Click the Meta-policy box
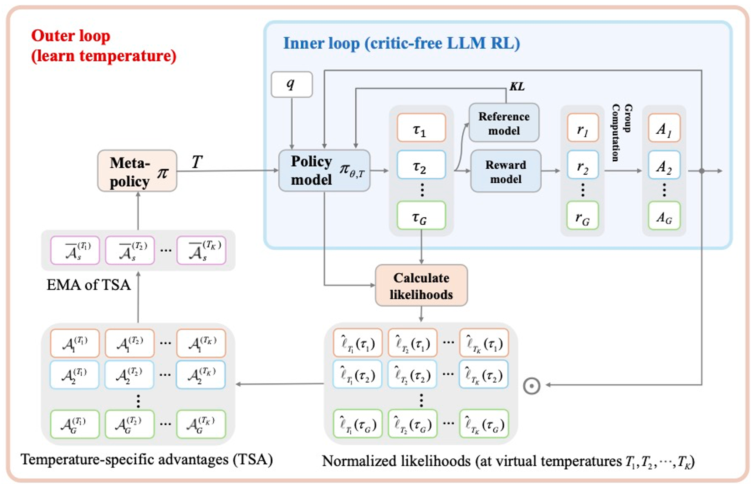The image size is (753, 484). (137, 171)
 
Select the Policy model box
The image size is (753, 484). (324, 171)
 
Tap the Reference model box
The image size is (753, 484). (504, 123)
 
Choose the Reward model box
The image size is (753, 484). (505, 171)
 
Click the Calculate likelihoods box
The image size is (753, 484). (421, 285)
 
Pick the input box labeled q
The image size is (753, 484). (291, 85)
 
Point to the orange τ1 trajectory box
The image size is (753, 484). (421, 128)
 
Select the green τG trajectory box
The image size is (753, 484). (421, 216)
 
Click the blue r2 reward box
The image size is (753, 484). (582, 165)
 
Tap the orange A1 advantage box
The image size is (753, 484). (664, 128)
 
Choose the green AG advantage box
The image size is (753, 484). (664, 216)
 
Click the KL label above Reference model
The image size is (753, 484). (517, 87)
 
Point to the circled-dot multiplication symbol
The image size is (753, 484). (532, 386)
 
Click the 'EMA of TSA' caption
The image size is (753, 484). (88, 285)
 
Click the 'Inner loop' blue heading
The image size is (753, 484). (401, 43)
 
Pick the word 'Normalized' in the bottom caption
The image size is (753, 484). (359, 461)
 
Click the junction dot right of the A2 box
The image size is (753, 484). (701, 171)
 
